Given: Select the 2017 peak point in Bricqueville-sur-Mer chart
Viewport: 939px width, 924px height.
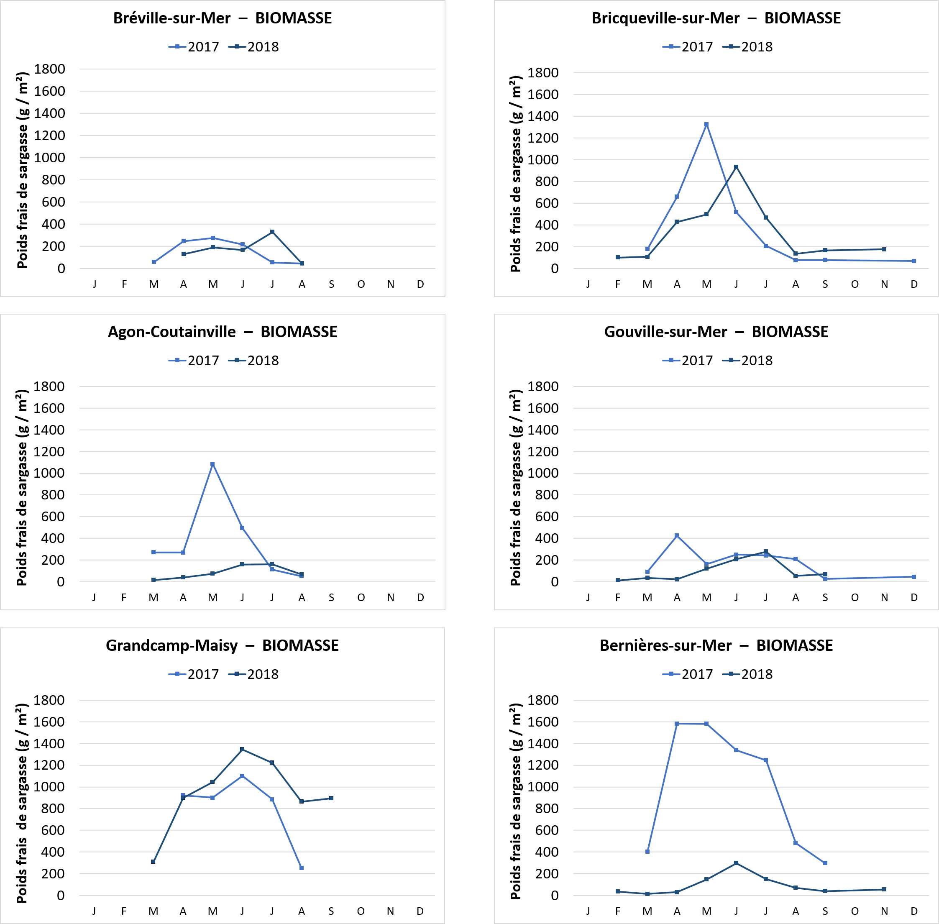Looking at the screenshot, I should (x=706, y=125).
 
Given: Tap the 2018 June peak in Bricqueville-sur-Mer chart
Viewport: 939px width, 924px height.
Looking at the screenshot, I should (x=736, y=167).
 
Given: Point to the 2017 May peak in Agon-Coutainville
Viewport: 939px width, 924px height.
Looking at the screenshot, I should (x=212, y=464).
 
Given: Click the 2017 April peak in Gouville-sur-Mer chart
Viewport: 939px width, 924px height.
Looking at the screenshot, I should (x=677, y=536).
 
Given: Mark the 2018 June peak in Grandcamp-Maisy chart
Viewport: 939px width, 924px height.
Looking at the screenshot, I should (x=242, y=749).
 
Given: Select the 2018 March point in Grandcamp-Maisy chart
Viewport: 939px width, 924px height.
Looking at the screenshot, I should (x=154, y=861).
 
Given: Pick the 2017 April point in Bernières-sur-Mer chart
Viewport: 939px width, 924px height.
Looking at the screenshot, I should (x=677, y=724).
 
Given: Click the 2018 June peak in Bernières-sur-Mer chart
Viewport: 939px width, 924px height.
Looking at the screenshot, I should (x=736, y=863).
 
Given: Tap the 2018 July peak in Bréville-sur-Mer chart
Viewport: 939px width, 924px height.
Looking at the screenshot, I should (x=272, y=232).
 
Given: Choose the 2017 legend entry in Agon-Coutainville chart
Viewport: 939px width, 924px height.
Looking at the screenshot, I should (x=194, y=361).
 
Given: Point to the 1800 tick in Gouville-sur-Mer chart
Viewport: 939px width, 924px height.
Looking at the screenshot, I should (x=542, y=387).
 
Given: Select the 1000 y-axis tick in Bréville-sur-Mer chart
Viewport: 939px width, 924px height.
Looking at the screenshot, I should (x=49, y=158).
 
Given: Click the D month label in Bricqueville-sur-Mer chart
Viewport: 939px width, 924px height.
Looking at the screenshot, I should (x=914, y=284).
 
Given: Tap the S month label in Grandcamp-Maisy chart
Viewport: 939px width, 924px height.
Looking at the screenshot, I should (x=331, y=911).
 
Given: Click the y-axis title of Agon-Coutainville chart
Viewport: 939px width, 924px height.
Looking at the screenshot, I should (x=22, y=488).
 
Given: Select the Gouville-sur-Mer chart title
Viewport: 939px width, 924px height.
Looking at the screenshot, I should (x=716, y=332).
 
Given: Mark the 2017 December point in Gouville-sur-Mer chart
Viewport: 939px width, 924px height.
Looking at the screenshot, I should (x=914, y=576).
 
